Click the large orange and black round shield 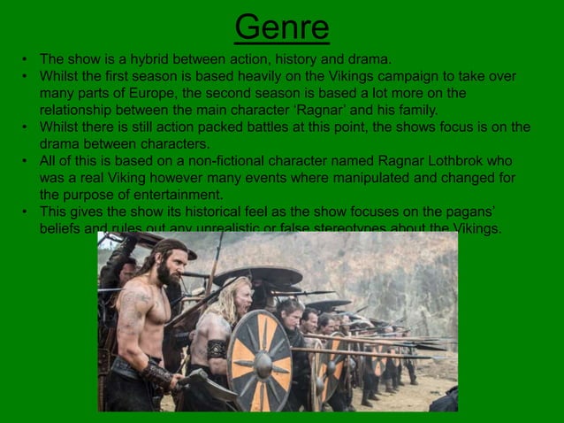coord(260,358)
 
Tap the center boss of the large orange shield coord(261,358)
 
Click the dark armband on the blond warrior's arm coord(217,349)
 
